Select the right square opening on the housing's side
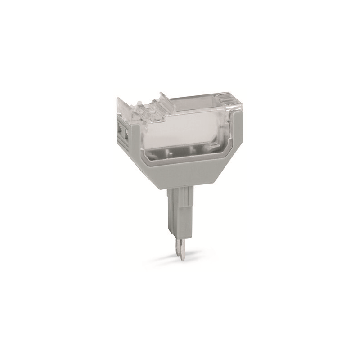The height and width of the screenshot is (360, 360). tap(127, 134)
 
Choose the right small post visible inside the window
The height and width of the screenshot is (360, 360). tap(192, 150)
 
